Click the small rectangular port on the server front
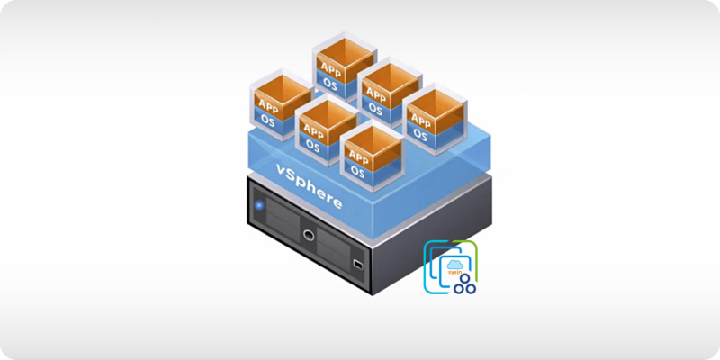357,264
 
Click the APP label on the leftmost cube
267,103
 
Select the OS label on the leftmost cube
267,119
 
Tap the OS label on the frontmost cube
357,170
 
